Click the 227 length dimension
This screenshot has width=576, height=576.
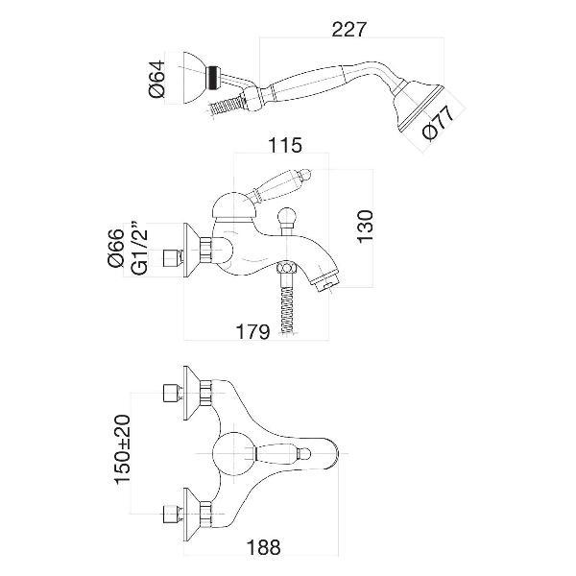[349, 30]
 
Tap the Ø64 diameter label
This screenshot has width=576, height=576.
[157, 80]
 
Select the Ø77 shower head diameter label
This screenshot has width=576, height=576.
[439, 122]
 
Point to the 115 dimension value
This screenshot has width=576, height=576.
[285, 145]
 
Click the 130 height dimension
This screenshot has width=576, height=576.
[365, 226]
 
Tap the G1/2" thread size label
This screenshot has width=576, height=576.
[139, 249]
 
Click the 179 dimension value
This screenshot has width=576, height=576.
[252, 332]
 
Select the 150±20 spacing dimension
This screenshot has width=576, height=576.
[123, 450]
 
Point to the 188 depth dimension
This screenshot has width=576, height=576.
[264, 547]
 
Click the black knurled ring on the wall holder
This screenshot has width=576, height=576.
[211, 78]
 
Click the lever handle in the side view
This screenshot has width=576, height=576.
[280, 184]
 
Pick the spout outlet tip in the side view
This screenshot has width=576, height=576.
[326, 280]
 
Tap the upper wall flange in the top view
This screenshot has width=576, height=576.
[191, 393]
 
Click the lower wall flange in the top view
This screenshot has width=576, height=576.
[191, 515]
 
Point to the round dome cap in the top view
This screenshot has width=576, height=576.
[234, 454]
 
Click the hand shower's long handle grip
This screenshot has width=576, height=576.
[305, 80]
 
